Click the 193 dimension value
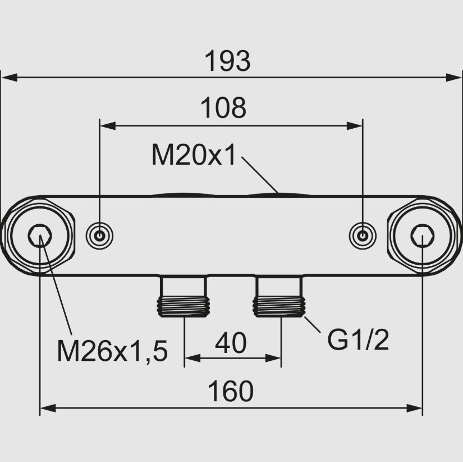pos(227,61)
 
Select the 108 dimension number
pos(223,108)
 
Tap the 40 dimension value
pos(231,343)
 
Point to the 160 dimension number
pos(231,391)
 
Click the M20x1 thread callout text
pos(194,155)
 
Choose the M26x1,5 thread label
pos(112,351)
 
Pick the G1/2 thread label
pos(358,340)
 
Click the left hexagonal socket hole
pos(40,235)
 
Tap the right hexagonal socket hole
pos(423,235)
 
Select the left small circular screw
pos(99,235)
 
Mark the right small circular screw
pos(363,235)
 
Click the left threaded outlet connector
pos(184,297)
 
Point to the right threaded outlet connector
pos(279,297)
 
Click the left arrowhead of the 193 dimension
pos(10,78)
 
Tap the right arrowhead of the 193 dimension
pos(453,78)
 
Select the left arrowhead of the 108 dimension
pos(108,126)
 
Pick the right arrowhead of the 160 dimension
pos(414,409)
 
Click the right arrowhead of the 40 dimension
pos(273,358)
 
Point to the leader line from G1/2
pos(313,324)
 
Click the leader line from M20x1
pos(260,175)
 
